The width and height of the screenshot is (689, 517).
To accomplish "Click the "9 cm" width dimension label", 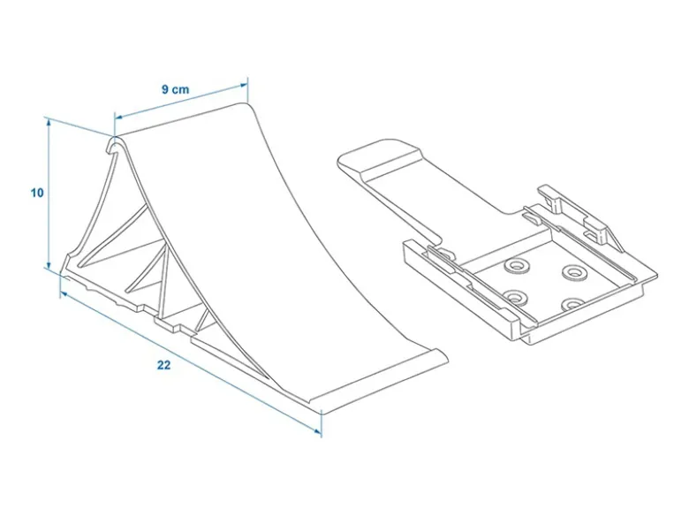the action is [x=175, y=89].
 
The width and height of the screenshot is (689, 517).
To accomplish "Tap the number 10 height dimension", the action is [x=37, y=193].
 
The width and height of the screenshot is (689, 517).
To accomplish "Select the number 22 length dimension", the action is [x=163, y=365].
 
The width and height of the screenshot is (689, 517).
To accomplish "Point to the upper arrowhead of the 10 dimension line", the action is [x=49, y=123].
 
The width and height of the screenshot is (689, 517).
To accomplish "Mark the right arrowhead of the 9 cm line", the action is [x=243, y=87].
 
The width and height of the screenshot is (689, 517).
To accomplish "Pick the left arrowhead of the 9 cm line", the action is [x=119, y=117].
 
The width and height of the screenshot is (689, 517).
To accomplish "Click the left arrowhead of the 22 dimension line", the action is [x=65, y=294].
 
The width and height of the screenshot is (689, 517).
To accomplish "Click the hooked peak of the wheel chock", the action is [x=115, y=145].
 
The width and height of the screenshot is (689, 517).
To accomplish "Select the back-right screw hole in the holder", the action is [x=573, y=272].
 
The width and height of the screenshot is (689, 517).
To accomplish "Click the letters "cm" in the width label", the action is [x=180, y=89].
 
